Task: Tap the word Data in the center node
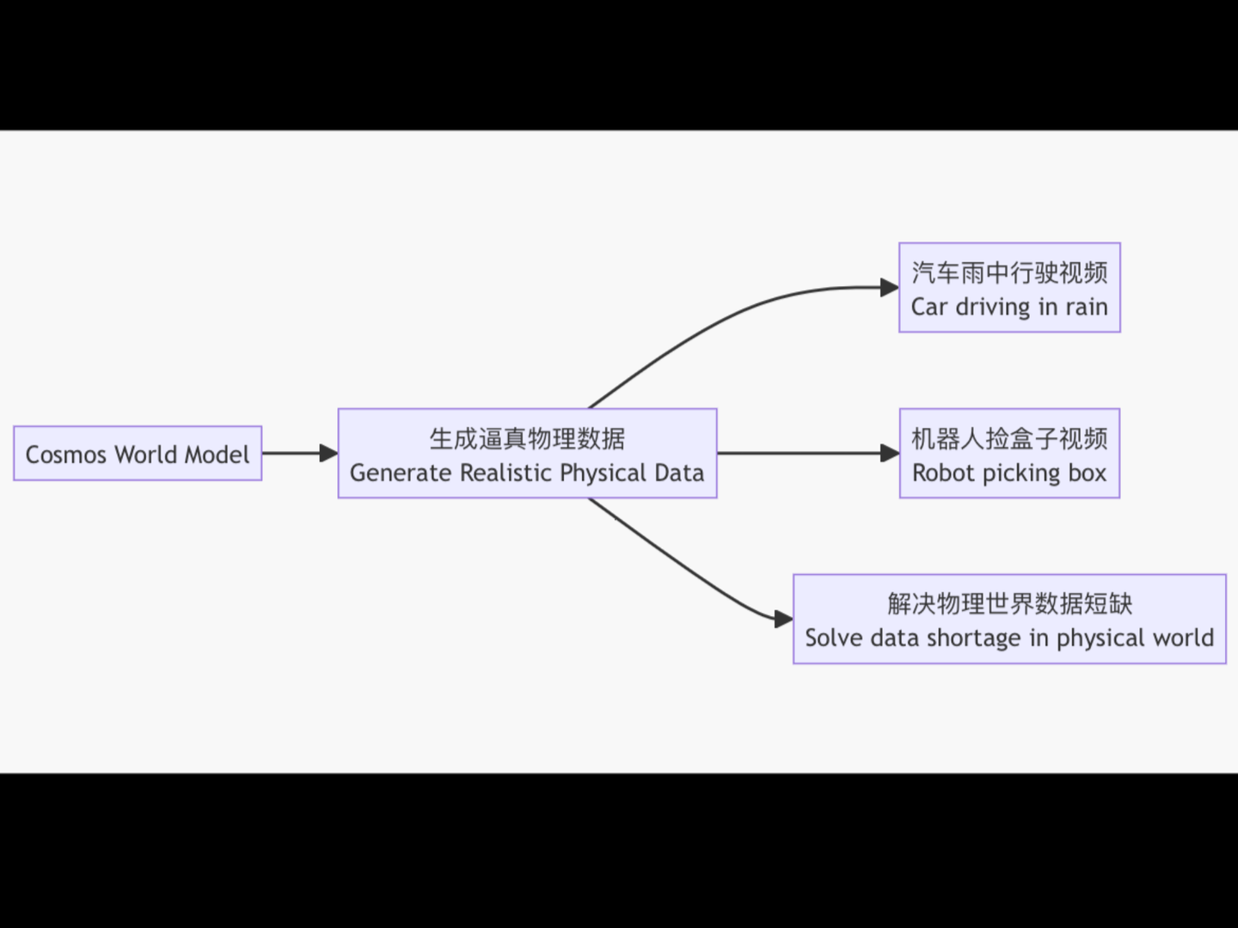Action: [679, 473]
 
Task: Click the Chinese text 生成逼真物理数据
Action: [527, 439]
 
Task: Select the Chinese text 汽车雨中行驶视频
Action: [1009, 272]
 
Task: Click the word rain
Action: [1087, 307]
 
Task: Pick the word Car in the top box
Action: [929, 307]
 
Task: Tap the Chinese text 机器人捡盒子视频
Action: [1009, 439]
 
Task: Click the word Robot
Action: [943, 473]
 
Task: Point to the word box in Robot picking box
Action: [1087, 473]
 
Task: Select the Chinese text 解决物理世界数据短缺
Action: [1009, 604]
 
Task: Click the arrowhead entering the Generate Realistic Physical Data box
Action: [328, 453]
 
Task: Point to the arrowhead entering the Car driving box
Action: [890, 288]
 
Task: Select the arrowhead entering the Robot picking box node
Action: [890, 453]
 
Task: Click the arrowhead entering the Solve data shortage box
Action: [783, 619]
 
